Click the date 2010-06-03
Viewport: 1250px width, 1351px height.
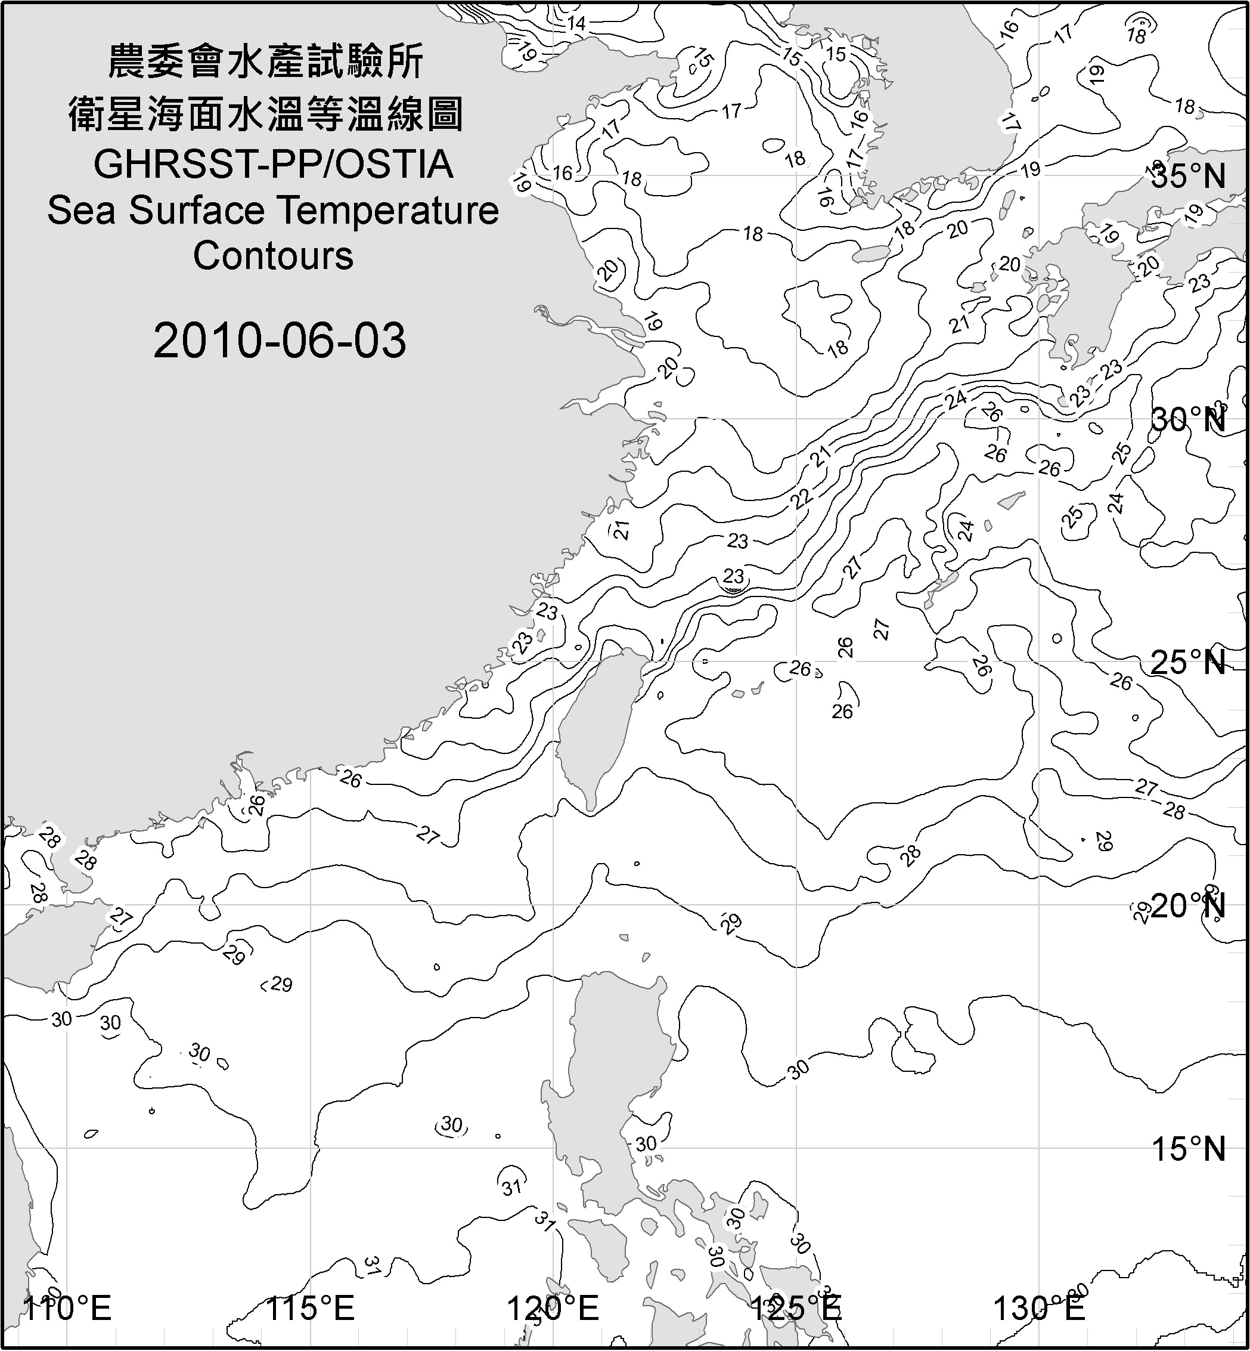pos(280,341)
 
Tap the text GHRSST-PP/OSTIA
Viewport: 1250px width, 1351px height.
pos(273,165)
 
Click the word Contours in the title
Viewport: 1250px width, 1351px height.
pos(273,256)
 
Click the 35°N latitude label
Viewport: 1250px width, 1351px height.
pos(1189,177)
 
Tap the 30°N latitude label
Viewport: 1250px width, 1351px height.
pos(1189,421)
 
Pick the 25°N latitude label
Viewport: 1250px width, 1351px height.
pos(1189,662)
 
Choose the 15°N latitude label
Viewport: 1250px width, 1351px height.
pos(1189,1149)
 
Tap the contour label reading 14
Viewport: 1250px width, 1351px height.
pos(576,24)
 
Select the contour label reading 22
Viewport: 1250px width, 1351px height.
pos(801,499)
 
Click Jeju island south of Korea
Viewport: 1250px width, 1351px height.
pos(869,255)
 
